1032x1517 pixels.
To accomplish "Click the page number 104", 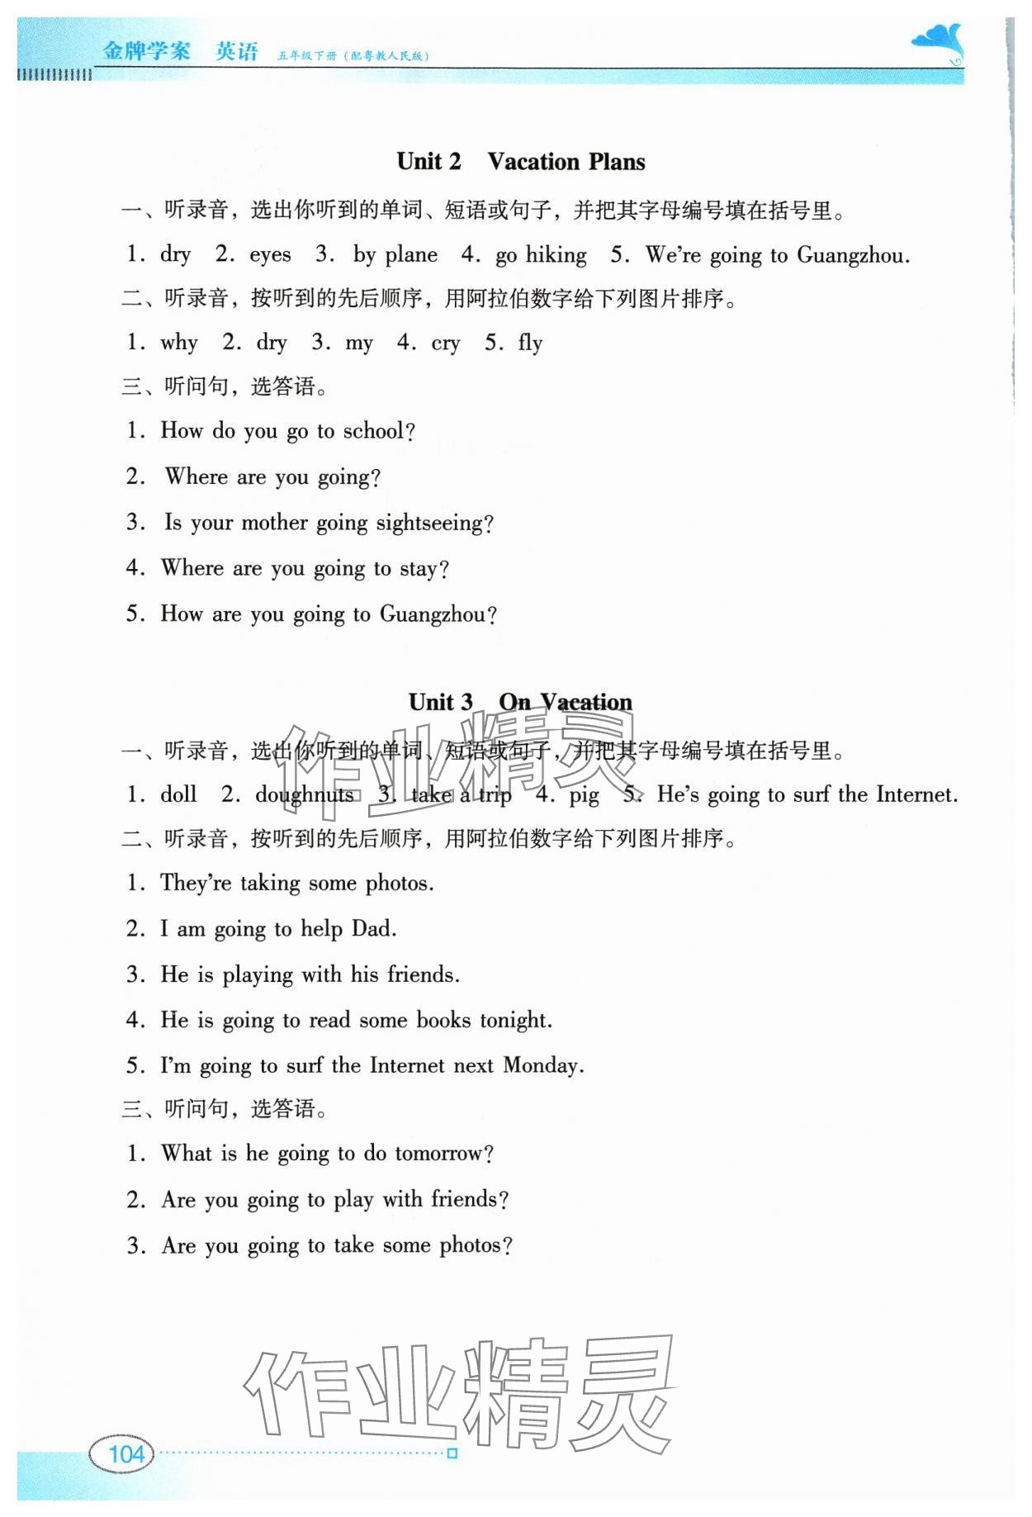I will click(126, 1453).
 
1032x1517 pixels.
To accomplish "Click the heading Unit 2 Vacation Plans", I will click(520, 162).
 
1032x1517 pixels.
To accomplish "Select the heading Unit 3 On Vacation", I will click(520, 703).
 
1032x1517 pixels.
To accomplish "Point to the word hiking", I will click(556, 255).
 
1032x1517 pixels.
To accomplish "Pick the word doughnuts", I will click(304, 795).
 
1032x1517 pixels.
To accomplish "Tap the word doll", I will click(178, 795).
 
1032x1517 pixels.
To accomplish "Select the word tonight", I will click(515, 1021).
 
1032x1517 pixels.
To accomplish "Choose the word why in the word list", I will click(179, 343).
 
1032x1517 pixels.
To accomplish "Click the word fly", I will click(530, 344).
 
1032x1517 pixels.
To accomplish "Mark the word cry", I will click(445, 344).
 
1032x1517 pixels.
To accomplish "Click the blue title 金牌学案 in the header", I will click(146, 51).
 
